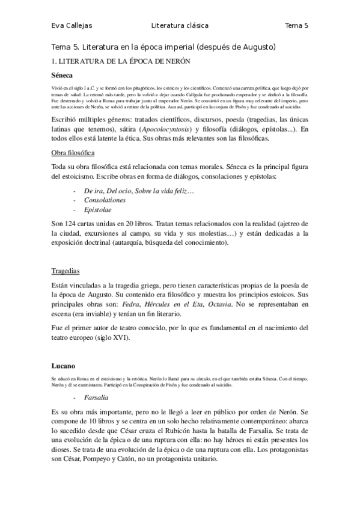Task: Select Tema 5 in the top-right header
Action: point(296,25)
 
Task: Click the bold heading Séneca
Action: point(63,75)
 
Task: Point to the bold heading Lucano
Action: point(63,365)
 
